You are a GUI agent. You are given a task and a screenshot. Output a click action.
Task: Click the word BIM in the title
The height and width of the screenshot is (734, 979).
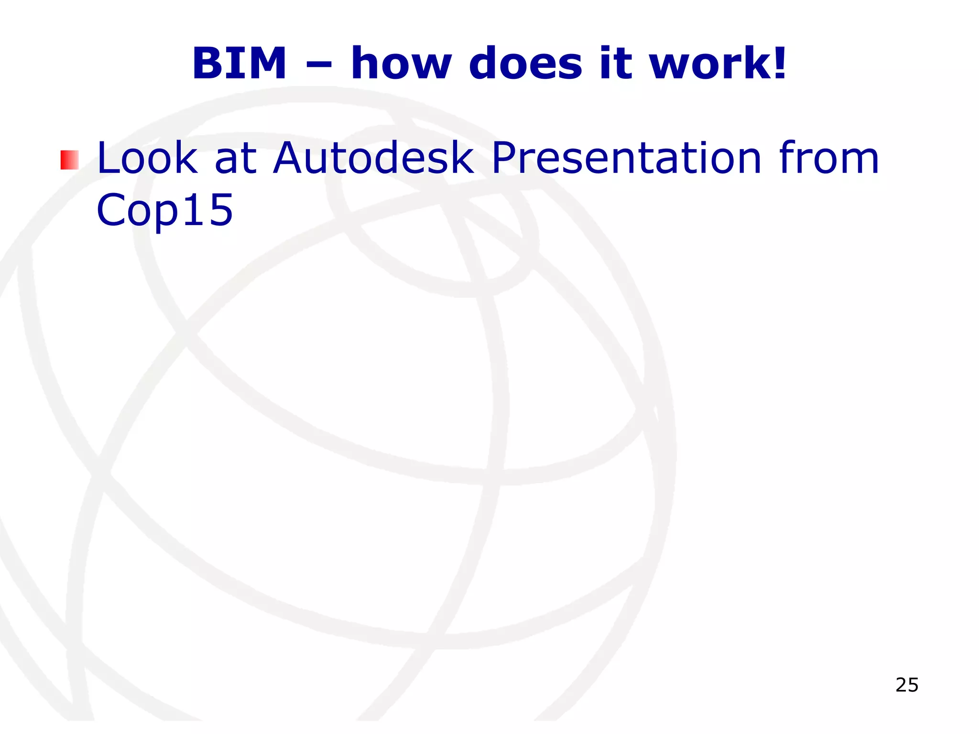(239, 63)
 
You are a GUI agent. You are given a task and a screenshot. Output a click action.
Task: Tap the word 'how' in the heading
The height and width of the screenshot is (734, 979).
(401, 63)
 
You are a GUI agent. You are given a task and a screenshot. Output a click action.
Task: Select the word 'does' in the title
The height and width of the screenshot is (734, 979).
(526, 63)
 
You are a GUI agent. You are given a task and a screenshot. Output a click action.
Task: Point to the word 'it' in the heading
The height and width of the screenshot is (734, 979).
(617, 63)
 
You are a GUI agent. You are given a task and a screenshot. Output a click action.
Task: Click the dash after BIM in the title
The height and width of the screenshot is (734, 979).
(318, 66)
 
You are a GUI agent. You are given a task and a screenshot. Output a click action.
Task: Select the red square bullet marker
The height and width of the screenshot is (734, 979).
(69, 160)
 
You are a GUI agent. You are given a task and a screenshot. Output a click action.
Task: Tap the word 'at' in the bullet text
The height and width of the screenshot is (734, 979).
(236, 159)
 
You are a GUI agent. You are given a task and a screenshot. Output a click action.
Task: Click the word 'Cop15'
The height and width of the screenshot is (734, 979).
(164, 210)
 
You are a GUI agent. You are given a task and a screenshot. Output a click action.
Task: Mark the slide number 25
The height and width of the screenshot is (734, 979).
(907, 685)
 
